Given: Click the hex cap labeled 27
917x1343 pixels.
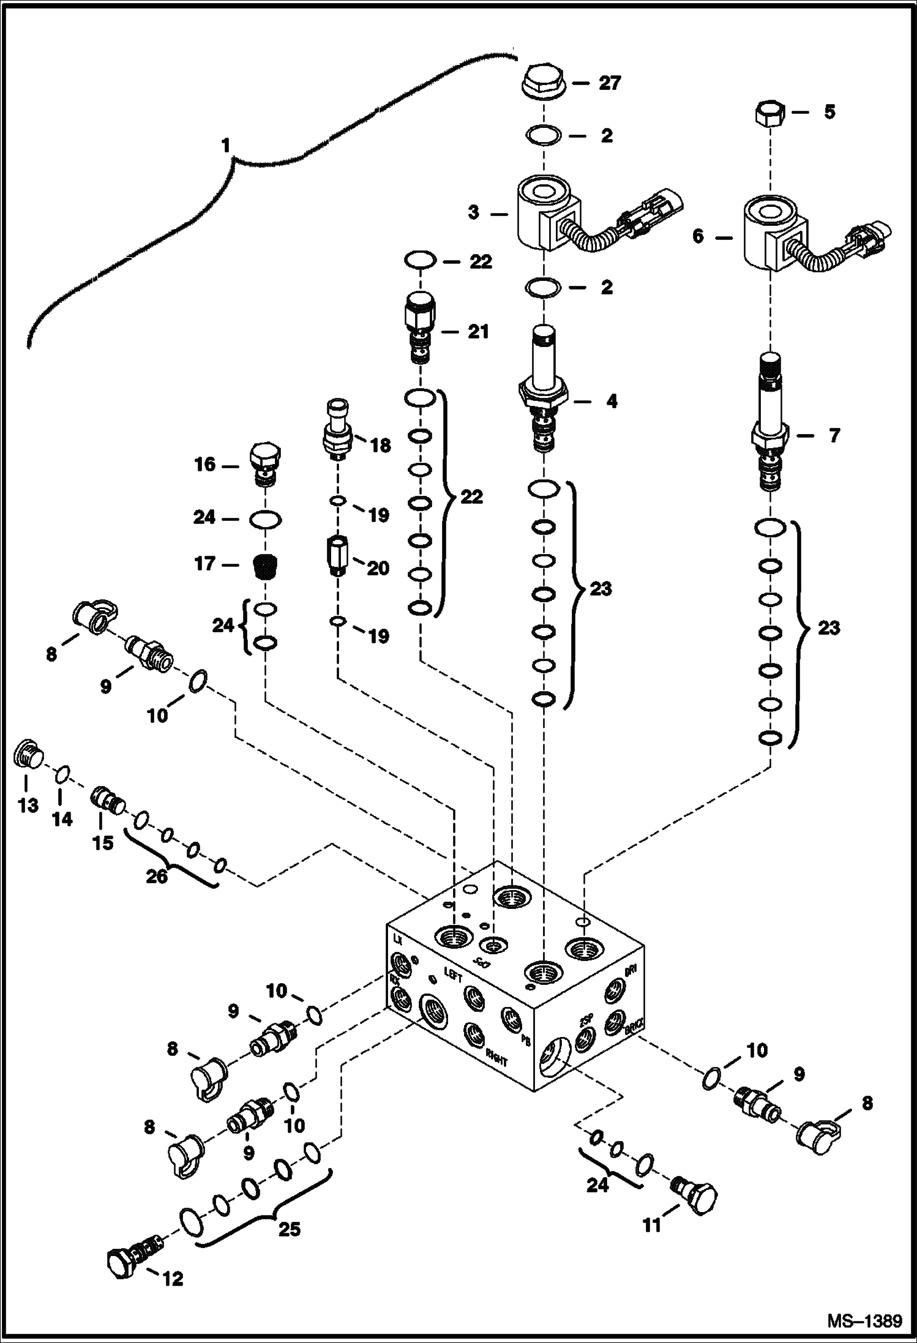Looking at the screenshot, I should pyautogui.click(x=542, y=83).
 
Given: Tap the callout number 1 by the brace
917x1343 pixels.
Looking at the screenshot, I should pyautogui.click(x=226, y=146).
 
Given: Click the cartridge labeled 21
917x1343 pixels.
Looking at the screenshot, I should pyautogui.click(x=420, y=329).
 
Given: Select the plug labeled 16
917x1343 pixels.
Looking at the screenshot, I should pyautogui.click(x=265, y=463).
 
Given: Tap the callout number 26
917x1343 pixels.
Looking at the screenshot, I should pyautogui.click(x=157, y=877).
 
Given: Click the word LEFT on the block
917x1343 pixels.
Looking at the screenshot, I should pyautogui.click(x=454, y=978).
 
